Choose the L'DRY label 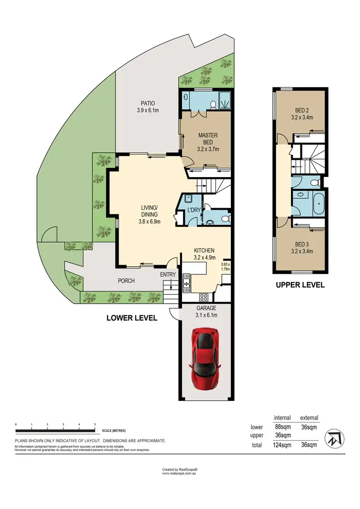[x=194, y=211]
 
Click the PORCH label [x=126, y=281]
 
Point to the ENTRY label [x=168, y=274]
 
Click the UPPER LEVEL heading [x=300, y=285]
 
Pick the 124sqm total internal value [x=283, y=445]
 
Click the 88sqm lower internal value [x=283, y=426]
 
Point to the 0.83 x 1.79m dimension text [x=226, y=266]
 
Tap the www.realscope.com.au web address [x=180, y=473]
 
